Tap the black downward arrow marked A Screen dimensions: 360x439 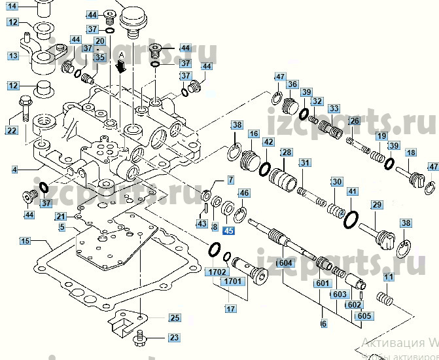(120, 65)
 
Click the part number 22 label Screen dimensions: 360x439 (11, 130)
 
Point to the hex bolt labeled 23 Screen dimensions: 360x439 (140, 339)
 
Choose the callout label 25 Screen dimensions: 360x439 (173, 318)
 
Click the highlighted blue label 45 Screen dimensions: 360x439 (228, 230)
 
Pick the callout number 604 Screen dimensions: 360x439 (285, 263)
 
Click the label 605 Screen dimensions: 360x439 (364, 315)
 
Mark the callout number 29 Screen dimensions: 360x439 (377, 206)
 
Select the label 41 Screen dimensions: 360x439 (353, 192)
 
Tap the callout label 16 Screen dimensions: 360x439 (254, 134)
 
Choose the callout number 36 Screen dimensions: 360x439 (292, 84)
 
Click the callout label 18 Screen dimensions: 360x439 (410, 153)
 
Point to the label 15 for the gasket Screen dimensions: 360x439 (25, 242)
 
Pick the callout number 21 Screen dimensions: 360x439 (60, 217)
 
